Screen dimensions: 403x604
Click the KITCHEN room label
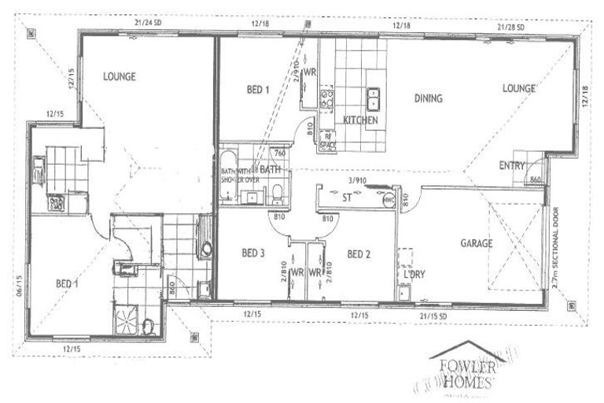pos(361,120)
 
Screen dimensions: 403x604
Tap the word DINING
pos(429,99)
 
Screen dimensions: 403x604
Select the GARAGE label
pos(476,244)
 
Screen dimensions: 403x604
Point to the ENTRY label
pos(513,165)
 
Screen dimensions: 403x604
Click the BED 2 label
pos(359,253)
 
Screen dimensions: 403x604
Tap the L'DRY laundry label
pos(414,275)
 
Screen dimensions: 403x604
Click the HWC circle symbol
pos(387,201)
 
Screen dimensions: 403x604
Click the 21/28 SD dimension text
pos(512,26)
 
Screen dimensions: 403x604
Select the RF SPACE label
pos(330,140)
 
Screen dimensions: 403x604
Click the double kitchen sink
pos(374,98)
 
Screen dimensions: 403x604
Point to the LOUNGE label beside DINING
pos(519,89)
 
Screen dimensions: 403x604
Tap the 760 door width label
pos(278,155)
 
